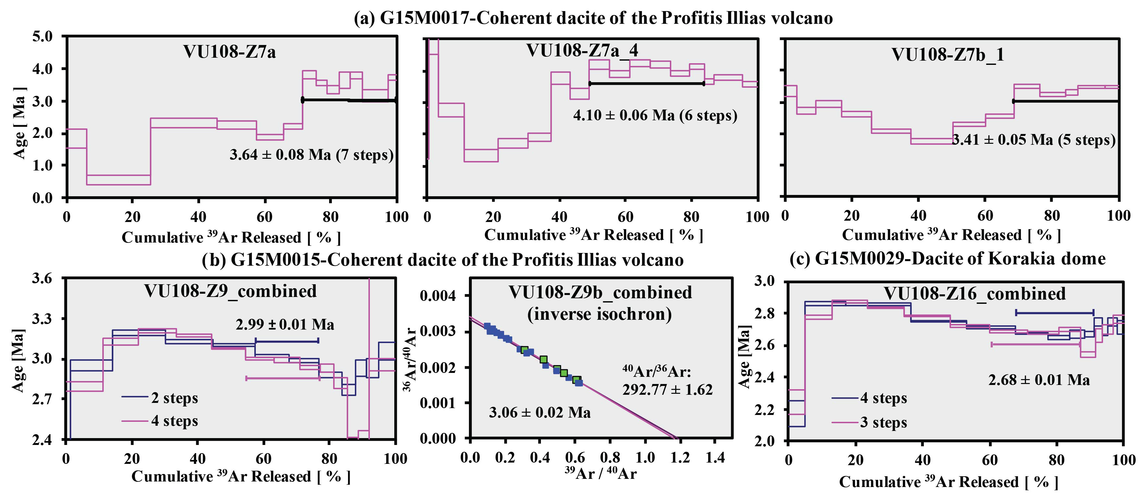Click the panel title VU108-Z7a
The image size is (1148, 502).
click(x=229, y=52)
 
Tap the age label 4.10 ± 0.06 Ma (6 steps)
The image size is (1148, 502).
click(x=655, y=115)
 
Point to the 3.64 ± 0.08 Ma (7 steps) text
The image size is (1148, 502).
click(x=312, y=155)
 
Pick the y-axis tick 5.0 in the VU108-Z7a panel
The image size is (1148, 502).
click(x=42, y=37)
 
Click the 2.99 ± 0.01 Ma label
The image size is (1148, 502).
click(x=285, y=325)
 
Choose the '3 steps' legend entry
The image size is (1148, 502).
click(x=883, y=422)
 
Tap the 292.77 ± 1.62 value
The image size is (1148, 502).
click(x=667, y=390)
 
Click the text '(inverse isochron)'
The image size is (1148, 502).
click(x=599, y=314)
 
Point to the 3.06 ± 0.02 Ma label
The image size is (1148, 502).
click(x=540, y=412)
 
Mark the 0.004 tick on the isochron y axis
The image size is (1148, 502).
click(x=438, y=296)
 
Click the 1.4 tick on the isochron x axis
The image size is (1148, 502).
click(x=715, y=457)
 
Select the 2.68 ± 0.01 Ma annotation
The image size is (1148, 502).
click(x=1039, y=380)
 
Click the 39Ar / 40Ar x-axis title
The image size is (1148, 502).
click(x=600, y=473)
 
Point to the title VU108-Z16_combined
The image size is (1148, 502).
click(x=975, y=294)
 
